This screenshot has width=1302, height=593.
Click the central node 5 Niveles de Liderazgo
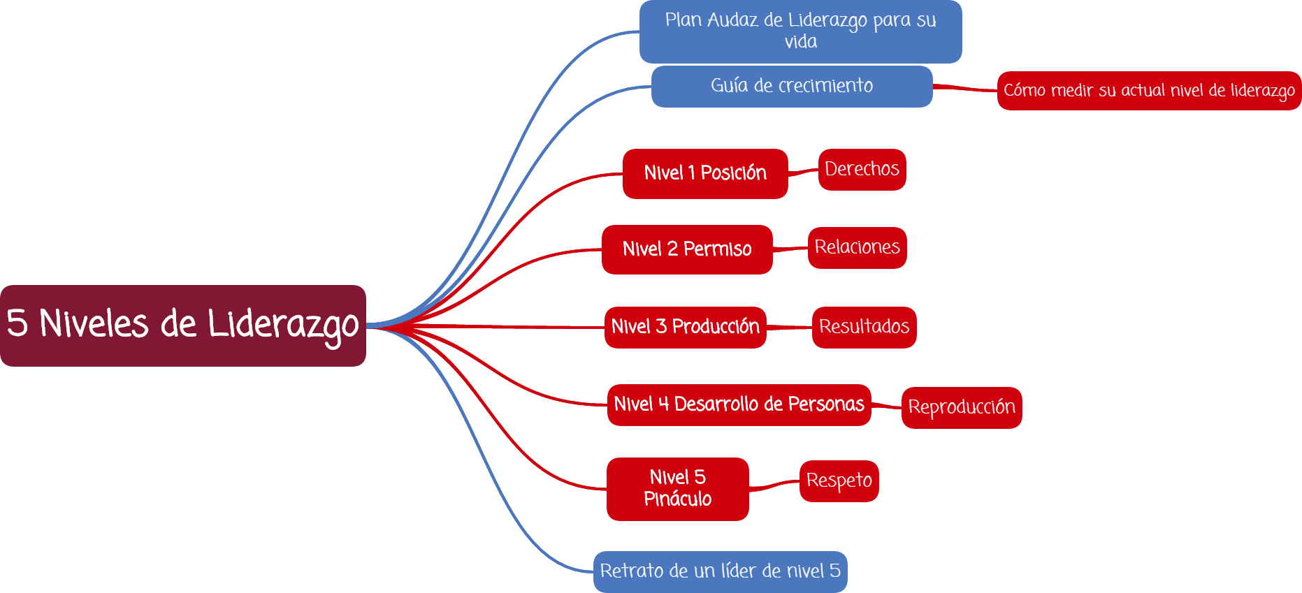pos(182,325)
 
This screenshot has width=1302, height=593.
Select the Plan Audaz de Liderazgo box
pos(800,31)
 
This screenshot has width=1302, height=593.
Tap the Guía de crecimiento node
pos(791,86)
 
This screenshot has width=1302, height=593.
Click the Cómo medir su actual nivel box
pos(1149,91)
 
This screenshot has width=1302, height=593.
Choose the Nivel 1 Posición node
pos(704,173)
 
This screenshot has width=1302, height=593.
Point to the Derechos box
pos(862,169)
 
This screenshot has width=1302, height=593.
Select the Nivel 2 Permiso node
pos(686,249)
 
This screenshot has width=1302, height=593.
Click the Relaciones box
pos(857,247)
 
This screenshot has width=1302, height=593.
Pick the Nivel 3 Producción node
pos(685,327)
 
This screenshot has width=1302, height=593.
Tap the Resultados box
pos(864,327)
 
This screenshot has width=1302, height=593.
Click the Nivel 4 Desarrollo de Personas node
pos(739,404)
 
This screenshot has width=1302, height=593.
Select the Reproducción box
pos(961,407)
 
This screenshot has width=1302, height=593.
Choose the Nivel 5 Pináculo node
pos(677,488)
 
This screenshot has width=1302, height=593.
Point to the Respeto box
pos(839,481)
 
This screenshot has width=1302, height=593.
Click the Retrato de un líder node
pos(720,571)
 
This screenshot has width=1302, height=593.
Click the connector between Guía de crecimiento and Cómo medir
pos(965,88)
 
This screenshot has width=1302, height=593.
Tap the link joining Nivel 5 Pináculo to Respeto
pos(774,485)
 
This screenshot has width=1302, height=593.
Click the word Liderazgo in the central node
pos(283,325)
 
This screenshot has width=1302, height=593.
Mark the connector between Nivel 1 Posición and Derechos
pos(803,171)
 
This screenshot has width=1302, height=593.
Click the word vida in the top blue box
pos(800,42)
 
